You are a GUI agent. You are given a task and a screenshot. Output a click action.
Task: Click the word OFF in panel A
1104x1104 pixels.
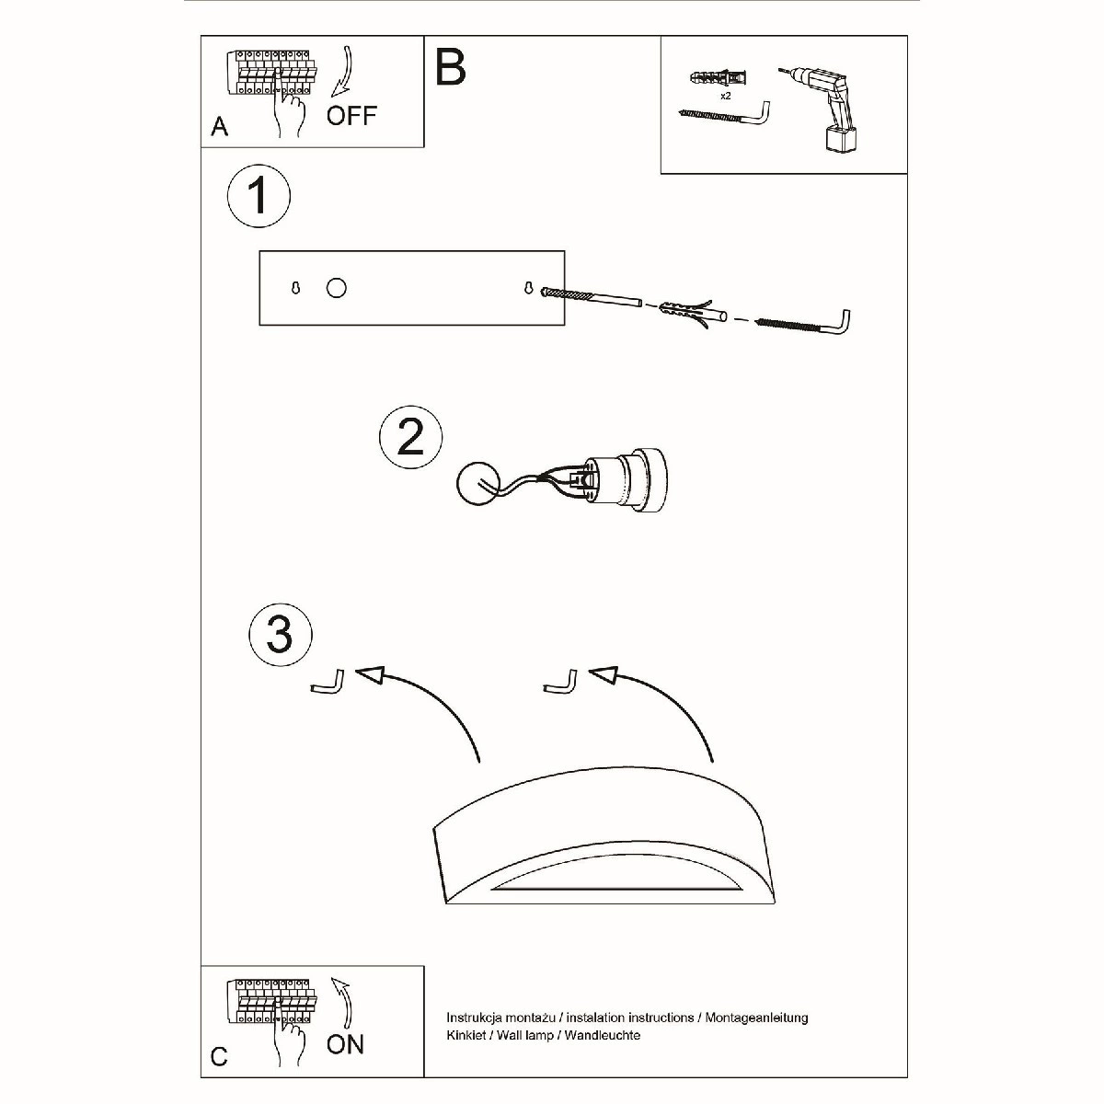click(x=351, y=116)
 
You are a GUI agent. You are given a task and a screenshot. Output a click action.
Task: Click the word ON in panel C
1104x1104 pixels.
click(x=345, y=1044)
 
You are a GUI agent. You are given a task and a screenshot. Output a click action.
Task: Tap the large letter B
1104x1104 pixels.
click(x=450, y=66)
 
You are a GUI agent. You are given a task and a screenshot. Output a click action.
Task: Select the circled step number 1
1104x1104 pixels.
click(x=259, y=196)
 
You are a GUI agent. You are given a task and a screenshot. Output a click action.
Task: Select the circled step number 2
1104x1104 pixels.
click(x=410, y=437)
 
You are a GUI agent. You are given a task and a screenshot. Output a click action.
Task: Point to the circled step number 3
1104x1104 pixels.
click(x=281, y=635)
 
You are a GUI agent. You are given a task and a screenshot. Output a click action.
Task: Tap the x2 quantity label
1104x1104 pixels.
click(x=725, y=96)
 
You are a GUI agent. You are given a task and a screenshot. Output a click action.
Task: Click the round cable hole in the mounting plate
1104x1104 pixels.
click(x=337, y=288)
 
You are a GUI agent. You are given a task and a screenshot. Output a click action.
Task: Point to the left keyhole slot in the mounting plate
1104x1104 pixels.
click(x=295, y=288)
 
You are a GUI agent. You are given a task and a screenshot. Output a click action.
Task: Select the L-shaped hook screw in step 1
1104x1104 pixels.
click(x=805, y=323)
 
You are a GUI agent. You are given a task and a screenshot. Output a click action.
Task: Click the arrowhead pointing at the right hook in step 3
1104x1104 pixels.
click(x=604, y=674)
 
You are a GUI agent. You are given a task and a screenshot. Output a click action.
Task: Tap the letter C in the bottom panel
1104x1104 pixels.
click(x=219, y=1056)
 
